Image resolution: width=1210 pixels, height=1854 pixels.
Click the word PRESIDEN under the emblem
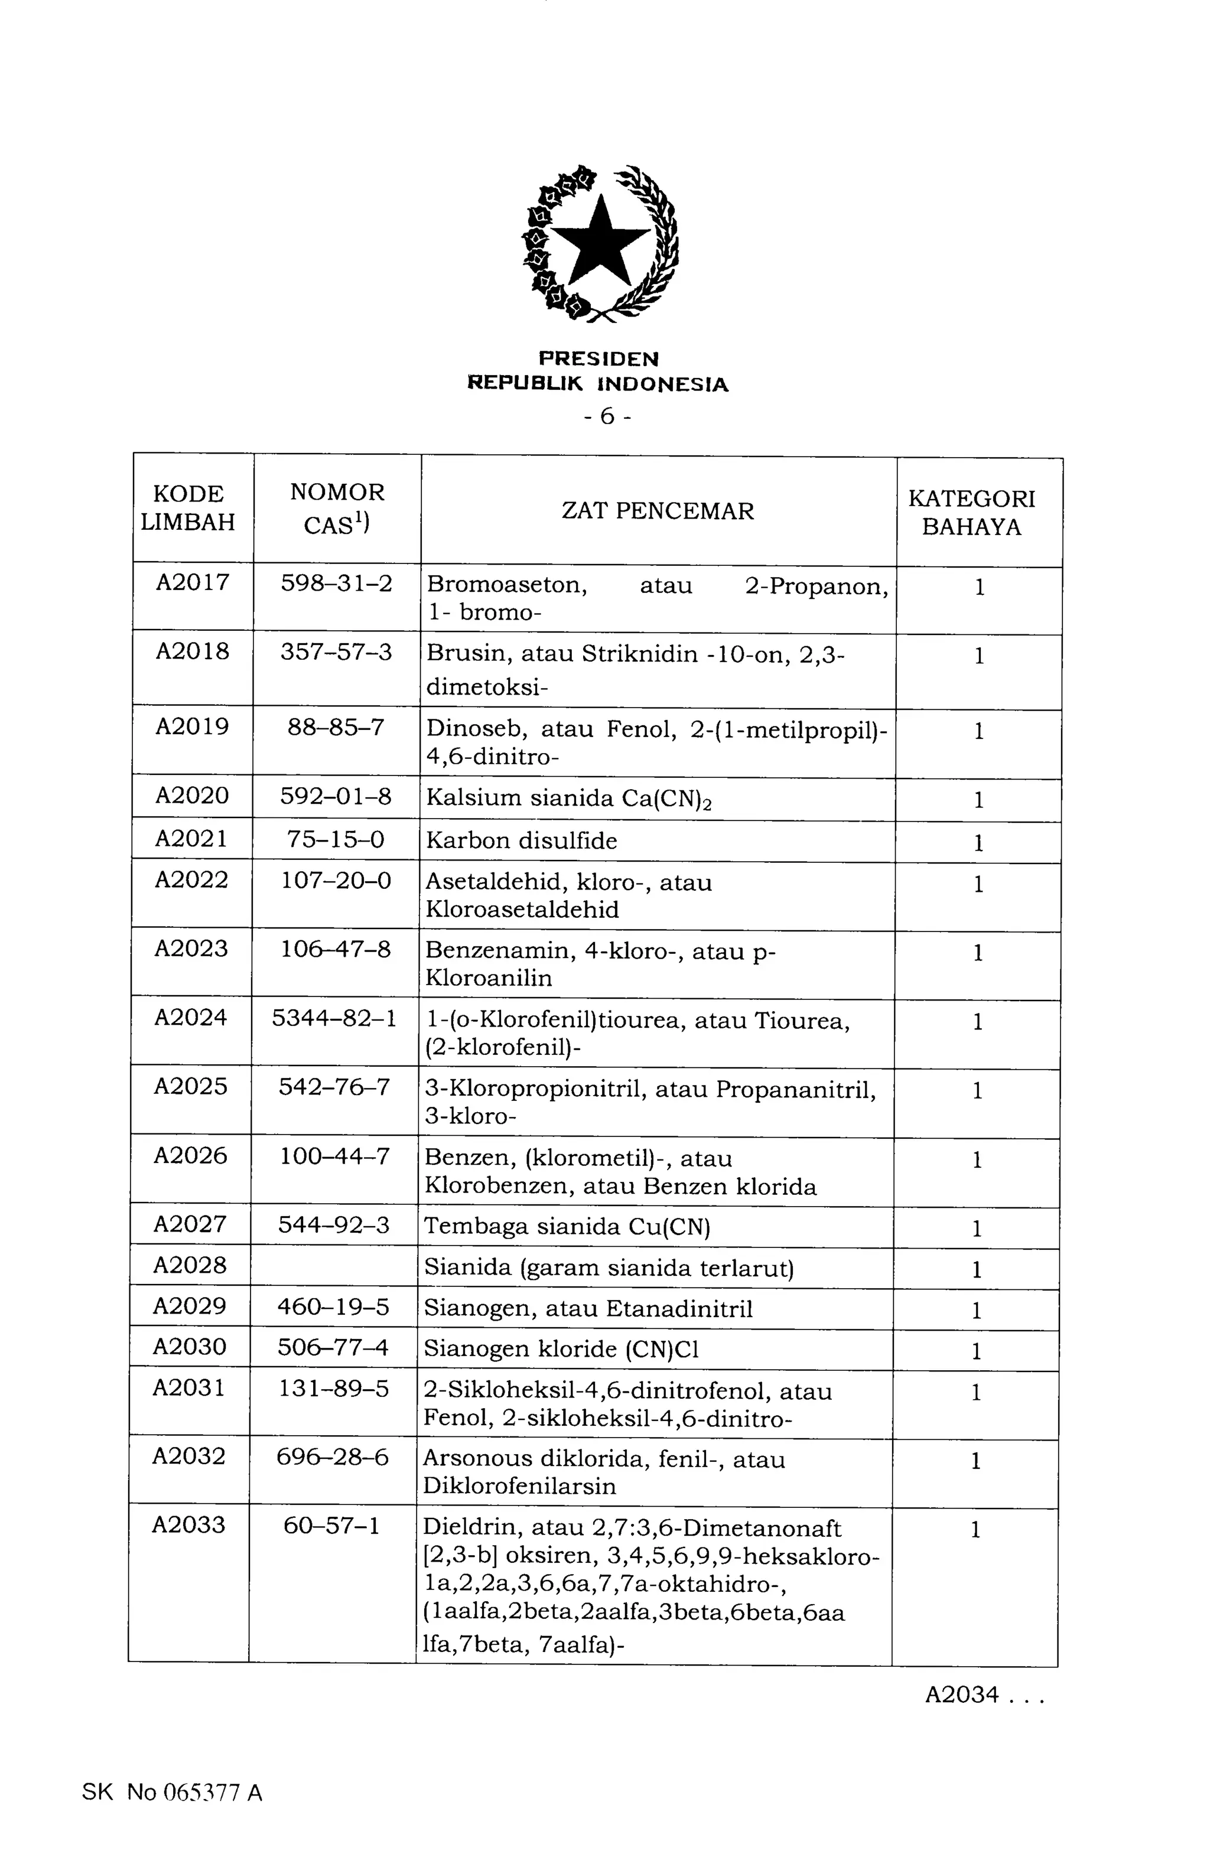pos(599,359)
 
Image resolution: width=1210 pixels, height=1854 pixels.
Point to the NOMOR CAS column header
pos(337,508)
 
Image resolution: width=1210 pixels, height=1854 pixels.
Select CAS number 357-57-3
pos(336,651)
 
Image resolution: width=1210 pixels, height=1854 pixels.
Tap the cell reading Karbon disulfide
pos(521,840)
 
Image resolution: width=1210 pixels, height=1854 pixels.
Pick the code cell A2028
pos(189,1265)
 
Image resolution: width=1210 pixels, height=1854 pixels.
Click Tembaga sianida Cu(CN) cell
pos(567,1227)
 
